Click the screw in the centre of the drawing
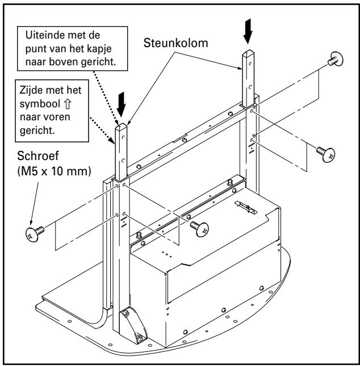[x=199, y=227]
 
